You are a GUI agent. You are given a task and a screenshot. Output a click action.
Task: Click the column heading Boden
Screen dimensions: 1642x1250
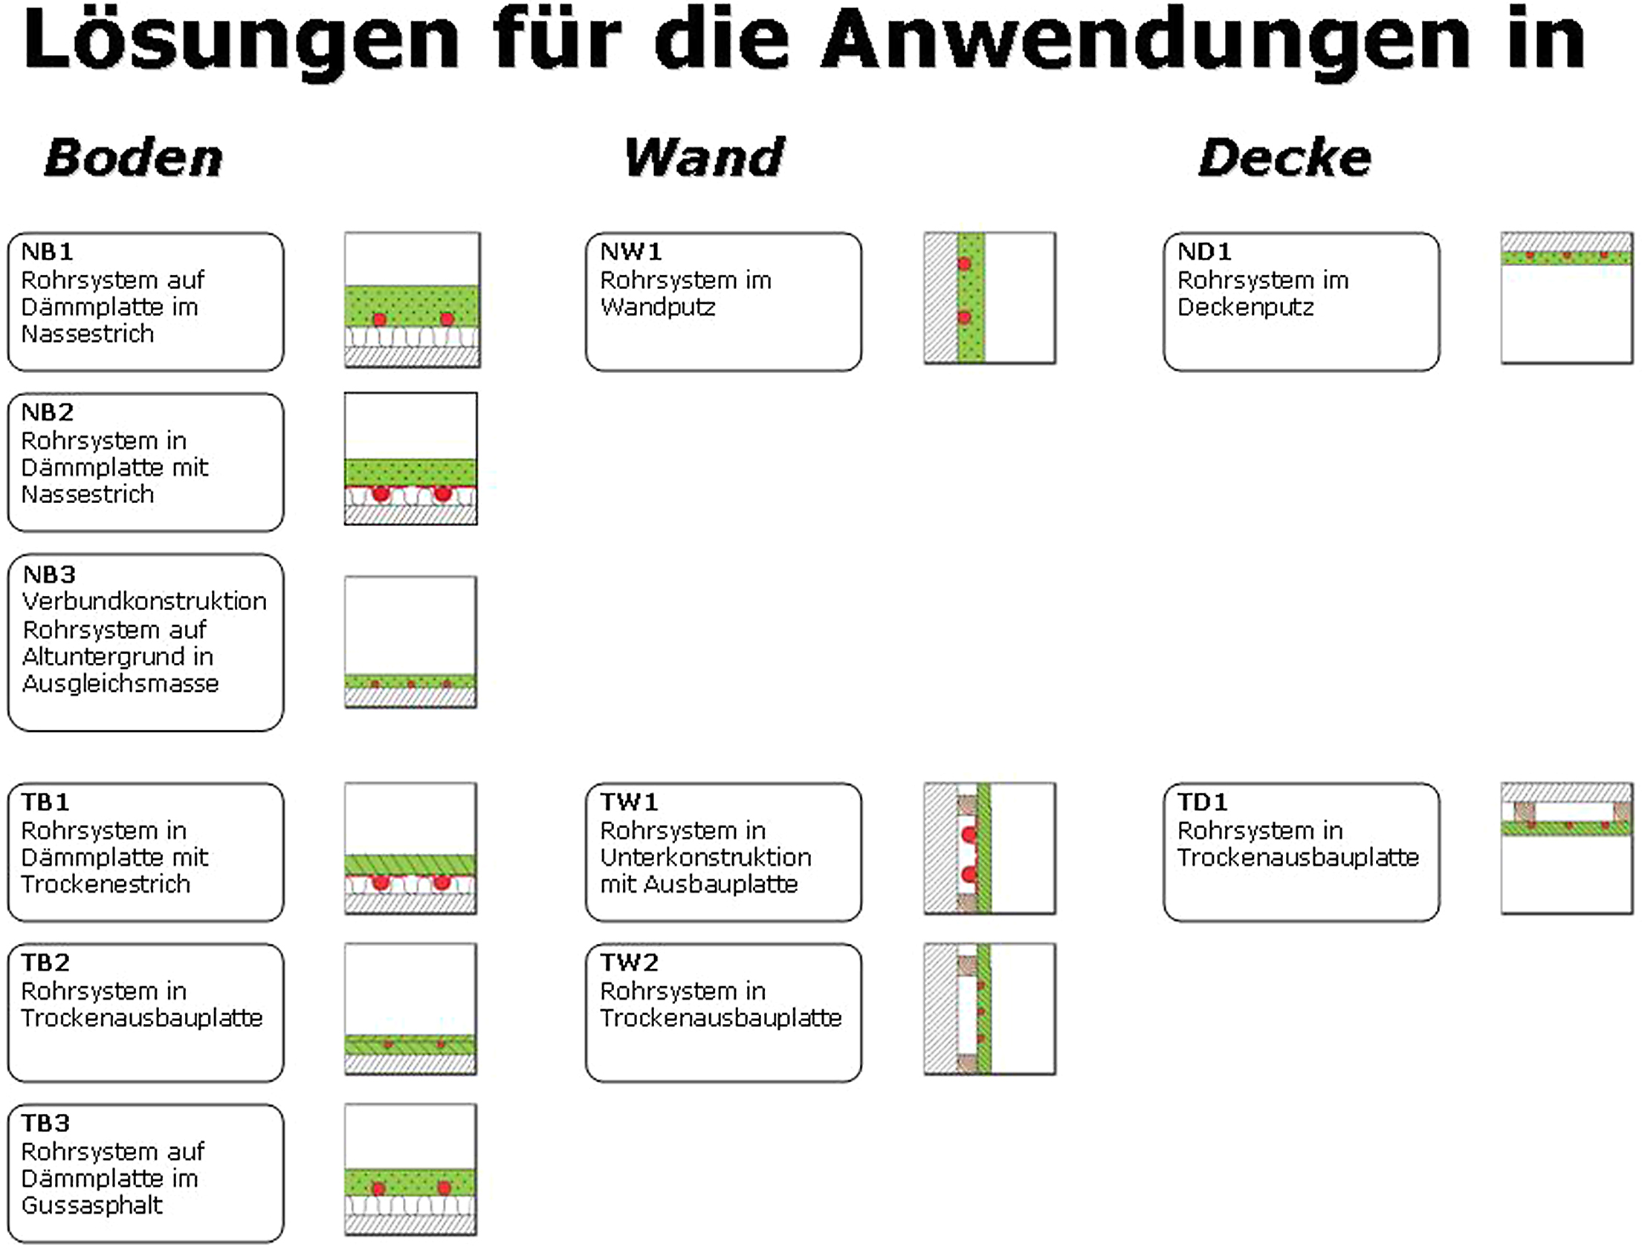(134, 158)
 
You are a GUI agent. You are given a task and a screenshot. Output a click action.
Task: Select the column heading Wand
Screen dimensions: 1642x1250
(705, 158)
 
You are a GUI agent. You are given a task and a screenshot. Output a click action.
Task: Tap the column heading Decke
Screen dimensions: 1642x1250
(1285, 158)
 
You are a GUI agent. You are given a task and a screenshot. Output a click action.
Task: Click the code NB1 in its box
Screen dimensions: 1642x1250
(48, 251)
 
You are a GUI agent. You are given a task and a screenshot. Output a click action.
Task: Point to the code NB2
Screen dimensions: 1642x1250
(48, 412)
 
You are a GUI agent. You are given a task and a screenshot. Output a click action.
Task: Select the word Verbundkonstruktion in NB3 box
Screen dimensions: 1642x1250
(144, 601)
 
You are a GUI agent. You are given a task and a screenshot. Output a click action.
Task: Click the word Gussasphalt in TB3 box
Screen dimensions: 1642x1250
(91, 1205)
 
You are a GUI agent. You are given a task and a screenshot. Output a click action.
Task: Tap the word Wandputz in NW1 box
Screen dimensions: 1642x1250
(658, 307)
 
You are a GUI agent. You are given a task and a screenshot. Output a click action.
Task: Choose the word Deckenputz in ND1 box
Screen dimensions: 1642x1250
(1246, 307)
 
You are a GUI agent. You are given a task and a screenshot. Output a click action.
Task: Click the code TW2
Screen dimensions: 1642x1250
(630, 963)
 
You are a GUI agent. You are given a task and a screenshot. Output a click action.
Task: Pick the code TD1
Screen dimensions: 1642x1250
(1202, 802)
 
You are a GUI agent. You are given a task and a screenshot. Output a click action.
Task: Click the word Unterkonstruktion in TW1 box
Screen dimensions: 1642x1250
(705, 857)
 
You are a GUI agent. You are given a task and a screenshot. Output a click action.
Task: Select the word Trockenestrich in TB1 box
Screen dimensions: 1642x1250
(106, 884)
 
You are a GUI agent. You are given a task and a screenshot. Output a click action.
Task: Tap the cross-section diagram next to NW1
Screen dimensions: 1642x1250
(989, 297)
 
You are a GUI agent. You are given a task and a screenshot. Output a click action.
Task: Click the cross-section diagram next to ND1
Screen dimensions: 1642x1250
(1567, 297)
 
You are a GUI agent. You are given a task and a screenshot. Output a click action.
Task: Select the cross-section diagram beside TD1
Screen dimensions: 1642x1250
(1567, 848)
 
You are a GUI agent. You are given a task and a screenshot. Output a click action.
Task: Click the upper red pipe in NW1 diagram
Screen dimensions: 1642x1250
(965, 263)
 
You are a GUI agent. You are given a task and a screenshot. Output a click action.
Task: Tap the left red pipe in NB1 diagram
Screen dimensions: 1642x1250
(379, 320)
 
